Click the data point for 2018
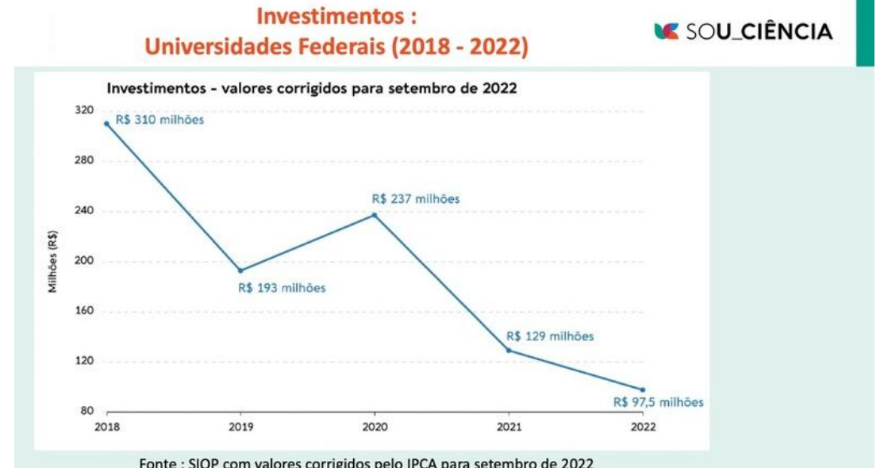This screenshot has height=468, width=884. point(106,124)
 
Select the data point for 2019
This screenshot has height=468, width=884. point(240,270)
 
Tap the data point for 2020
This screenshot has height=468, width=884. point(375,215)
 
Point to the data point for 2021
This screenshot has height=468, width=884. point(509,351)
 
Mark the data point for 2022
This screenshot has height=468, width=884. point(642,389)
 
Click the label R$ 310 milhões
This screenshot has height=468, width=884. point(160,121)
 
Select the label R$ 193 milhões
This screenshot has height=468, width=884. point(282,288)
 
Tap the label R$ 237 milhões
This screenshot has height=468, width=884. point(416,199)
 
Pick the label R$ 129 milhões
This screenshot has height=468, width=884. point(550,336)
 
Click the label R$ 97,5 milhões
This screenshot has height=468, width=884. point(658,402)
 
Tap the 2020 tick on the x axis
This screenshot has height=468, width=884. point(375,428)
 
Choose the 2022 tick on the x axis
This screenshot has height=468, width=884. point(642,428)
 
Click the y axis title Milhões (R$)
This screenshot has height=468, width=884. point(53,262)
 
